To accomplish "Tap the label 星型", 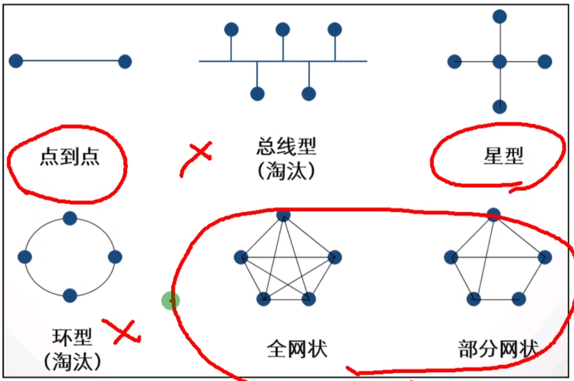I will [x=503, y=157].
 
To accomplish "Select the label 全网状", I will [x=297, y=349].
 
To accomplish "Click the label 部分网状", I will [x=498, y=349].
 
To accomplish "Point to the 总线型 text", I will [x=287, y=147].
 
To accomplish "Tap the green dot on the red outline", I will [x=170, y=301].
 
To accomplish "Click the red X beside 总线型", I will [x=199, y=152].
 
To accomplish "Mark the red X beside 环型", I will [x=123, y=331].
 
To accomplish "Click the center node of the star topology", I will [x=500, y=61].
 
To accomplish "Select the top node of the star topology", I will [x=500, y=17].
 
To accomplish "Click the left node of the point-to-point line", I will [x=16, y=61].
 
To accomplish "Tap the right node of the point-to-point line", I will [x=125, y=62].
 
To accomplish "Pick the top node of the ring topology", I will [x=70, y=218].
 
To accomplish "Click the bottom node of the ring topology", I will [x=70, y=296].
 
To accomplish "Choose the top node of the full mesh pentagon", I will [x=283, y=215].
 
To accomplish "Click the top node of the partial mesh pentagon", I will [x=493, y=215].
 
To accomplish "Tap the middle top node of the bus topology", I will [x=283, y=30].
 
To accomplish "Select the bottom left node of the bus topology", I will [x=257, y=94].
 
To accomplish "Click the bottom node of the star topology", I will [x=500, y=107].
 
